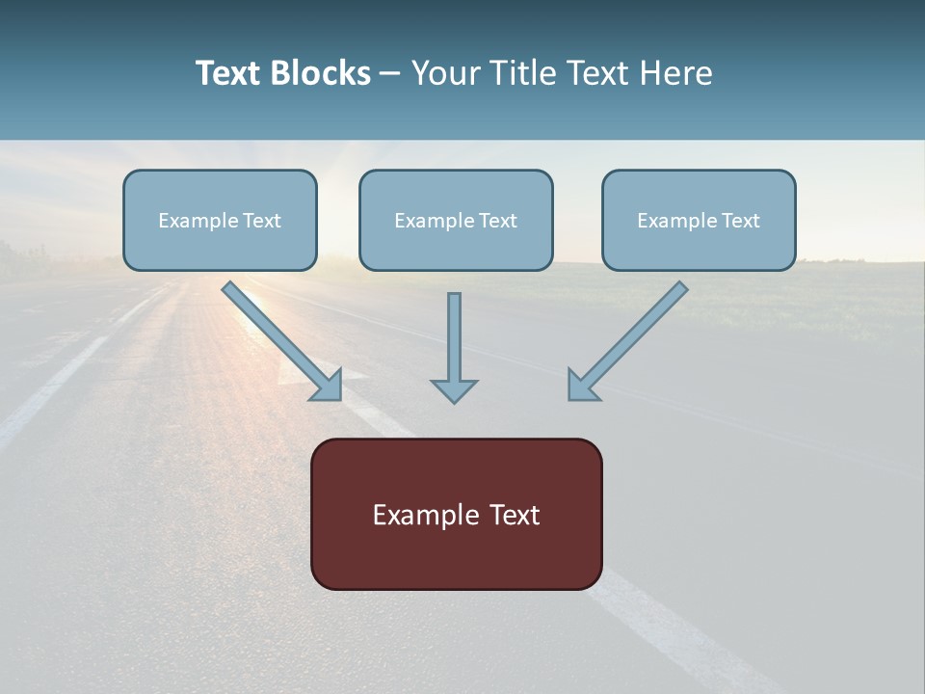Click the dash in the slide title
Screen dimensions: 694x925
(x=390, y=74)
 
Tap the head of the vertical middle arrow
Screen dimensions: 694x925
(x=454, y=390)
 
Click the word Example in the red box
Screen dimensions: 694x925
(x=427, y=515)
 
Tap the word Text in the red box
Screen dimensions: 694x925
(x=514, y=515)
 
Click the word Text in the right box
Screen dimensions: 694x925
(x=740, y=221)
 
